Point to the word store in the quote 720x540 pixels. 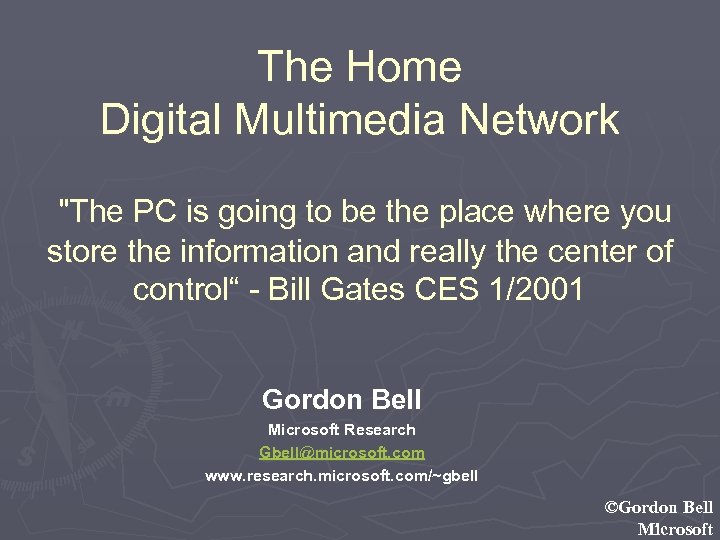pos(83,252)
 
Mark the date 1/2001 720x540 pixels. pos(545,291)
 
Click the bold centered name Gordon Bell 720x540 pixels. pos(341,400)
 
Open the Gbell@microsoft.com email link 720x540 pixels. pos(341,453)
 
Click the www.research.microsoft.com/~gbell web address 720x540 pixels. pos(341,476)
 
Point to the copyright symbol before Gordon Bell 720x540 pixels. pos(612,508)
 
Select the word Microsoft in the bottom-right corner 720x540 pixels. pos(675,529)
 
